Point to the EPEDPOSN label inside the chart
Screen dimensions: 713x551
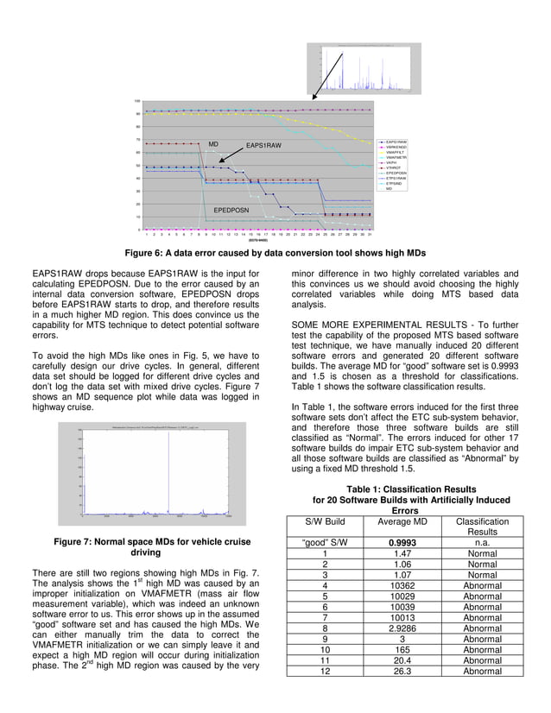(231, 210)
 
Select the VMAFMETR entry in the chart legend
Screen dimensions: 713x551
(396, 157)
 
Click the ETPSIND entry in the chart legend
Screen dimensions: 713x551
(394, 183)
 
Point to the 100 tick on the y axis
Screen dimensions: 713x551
(137, 101)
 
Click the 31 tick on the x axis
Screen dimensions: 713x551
(370, 235)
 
